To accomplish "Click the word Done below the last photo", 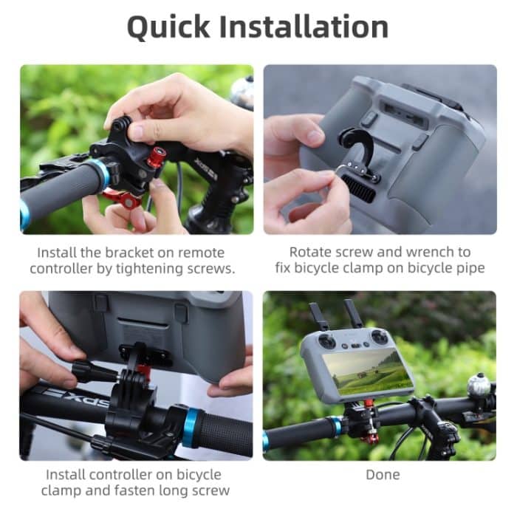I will tap(382, 473).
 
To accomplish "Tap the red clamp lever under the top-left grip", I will tap(122, 199).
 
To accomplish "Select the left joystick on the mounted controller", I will tap(328, 338).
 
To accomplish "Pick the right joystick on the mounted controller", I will tap(380, 335).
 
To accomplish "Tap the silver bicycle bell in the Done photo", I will tap(479, 385).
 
